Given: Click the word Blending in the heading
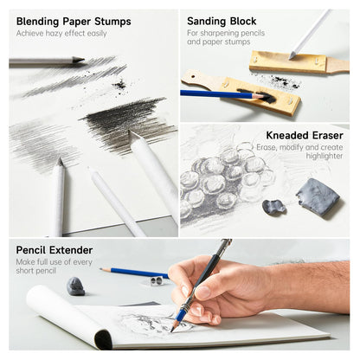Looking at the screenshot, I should pyautogui.click(x=40, y=21).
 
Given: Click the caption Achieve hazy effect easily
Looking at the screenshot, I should pyautogui.click(x=61, y=34).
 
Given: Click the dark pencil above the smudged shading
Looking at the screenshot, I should pyautogui.click(x=48, y=61).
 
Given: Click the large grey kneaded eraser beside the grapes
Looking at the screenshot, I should pyautogui.click(x=318, y=197).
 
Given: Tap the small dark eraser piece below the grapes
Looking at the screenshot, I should pyautogui.click(x=274, y=207).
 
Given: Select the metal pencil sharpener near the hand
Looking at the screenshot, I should pyautogui.click(x=157, y=280).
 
